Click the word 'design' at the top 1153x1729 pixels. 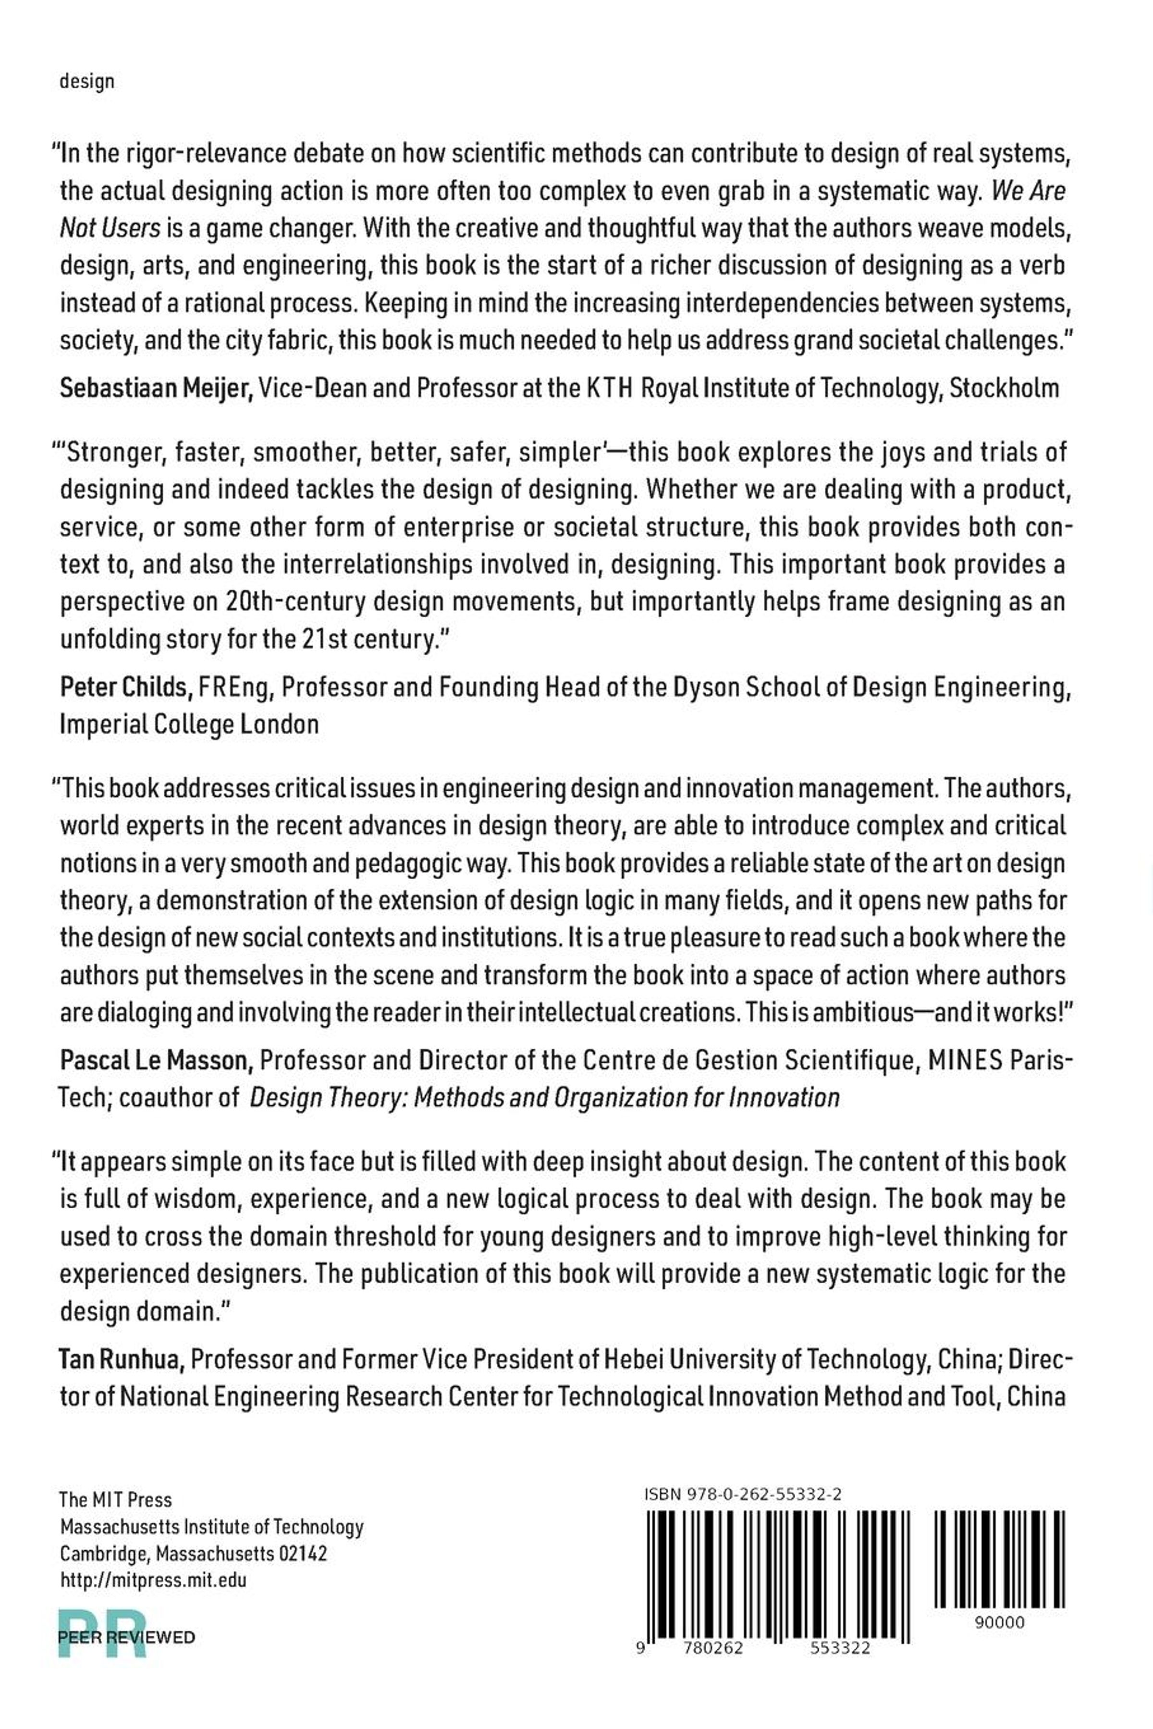tap(87, 82)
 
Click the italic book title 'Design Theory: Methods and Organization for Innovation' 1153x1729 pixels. tap(544, 1098)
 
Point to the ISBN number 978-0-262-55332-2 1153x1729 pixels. tap(743, 1495)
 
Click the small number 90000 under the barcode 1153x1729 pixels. tap(999, 1622)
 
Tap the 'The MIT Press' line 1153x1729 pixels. tap(115, 1500)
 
